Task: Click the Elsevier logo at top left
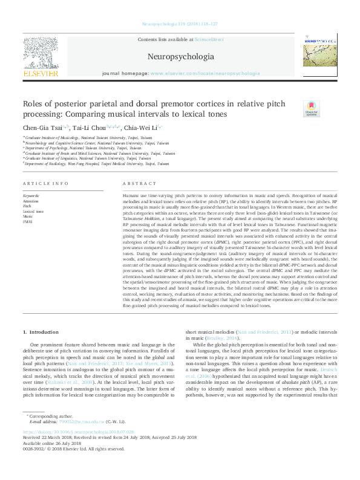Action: point(41,57)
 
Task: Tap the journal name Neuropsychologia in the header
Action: point(180,57)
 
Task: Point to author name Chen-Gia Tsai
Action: point(41,128)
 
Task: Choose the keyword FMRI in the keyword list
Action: point(28,222)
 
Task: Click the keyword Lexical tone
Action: point(33,212)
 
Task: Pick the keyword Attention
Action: point(31,201)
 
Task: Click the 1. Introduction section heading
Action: point(41,332)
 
